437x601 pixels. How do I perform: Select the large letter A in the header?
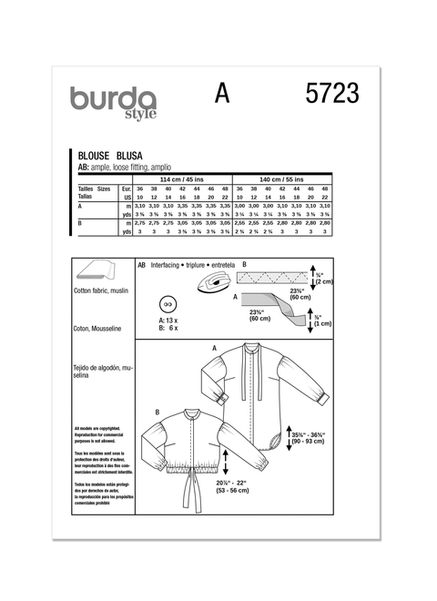220,94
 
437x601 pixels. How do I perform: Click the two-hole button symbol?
167,305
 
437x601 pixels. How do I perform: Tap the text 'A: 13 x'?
168,321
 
